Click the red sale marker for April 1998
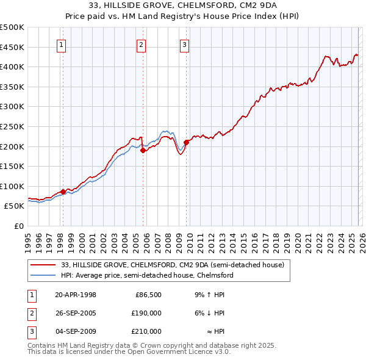pyautogui.click(x=63, y=192)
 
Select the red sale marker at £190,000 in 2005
pyautogui.click(x=143, y=150)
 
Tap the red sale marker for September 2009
pyautogui.click(x=186, y=142)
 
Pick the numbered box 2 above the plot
pyautogui.click(x=142, y=44)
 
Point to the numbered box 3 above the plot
pyautogui.click(x=184, y=44)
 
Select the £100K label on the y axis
pyautogui.click(x=12, y=186)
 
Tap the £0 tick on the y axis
pyautogui.click(x=18, y=226)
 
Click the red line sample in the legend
pyautogui.click(x=44, y=265)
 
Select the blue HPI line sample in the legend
pyautogui.click(x=44, y=276)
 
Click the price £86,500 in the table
pyautogui.click(x=148, y=295)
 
